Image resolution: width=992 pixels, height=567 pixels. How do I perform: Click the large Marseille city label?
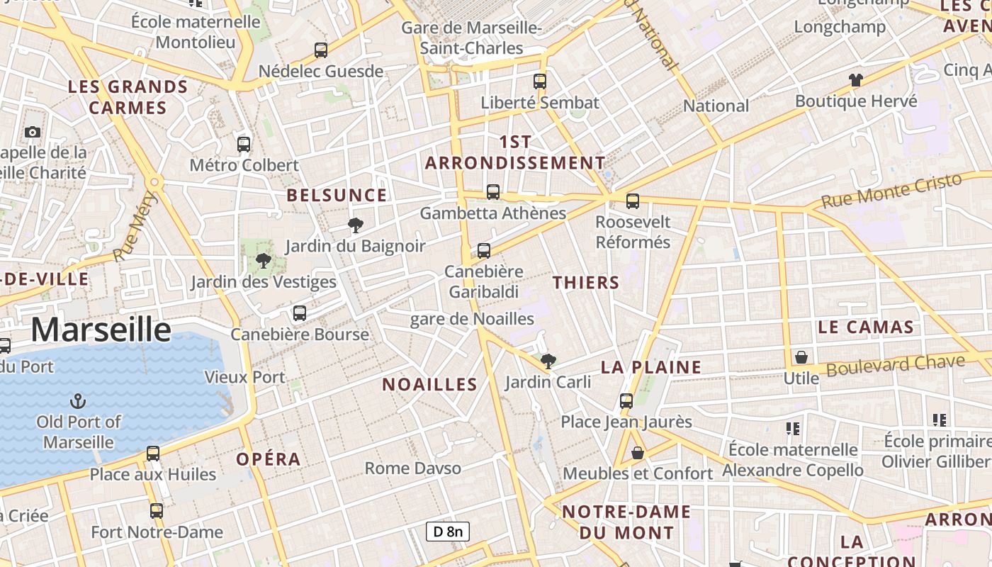101,330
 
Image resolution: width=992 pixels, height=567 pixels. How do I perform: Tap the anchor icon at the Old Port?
78,402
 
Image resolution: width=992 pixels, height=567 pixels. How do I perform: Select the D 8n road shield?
448,532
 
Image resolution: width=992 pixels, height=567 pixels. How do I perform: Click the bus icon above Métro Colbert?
244,145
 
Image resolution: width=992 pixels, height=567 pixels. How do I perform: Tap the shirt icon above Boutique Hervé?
856,80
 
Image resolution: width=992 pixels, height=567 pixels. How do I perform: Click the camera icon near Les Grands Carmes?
32,132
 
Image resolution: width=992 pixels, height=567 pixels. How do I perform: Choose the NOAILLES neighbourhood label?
429,385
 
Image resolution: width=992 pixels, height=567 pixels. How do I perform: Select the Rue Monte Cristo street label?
891,190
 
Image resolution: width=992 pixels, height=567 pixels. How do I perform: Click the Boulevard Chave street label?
895,366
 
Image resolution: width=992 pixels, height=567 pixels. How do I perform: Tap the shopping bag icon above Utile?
801,357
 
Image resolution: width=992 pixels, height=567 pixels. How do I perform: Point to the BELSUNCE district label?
337,196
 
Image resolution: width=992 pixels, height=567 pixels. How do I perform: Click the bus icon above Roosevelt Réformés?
633,201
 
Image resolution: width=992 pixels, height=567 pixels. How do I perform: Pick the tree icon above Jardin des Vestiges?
264,261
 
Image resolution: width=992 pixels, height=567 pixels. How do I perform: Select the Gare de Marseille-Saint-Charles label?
471,38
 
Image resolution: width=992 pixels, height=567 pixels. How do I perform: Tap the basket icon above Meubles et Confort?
638,452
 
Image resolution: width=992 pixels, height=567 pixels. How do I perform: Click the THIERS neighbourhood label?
586,283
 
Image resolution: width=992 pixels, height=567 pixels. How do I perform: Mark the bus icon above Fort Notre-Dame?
157,510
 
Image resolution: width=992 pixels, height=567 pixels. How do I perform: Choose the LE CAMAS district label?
865,327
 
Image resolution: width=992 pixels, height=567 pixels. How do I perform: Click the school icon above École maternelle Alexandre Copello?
792,428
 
